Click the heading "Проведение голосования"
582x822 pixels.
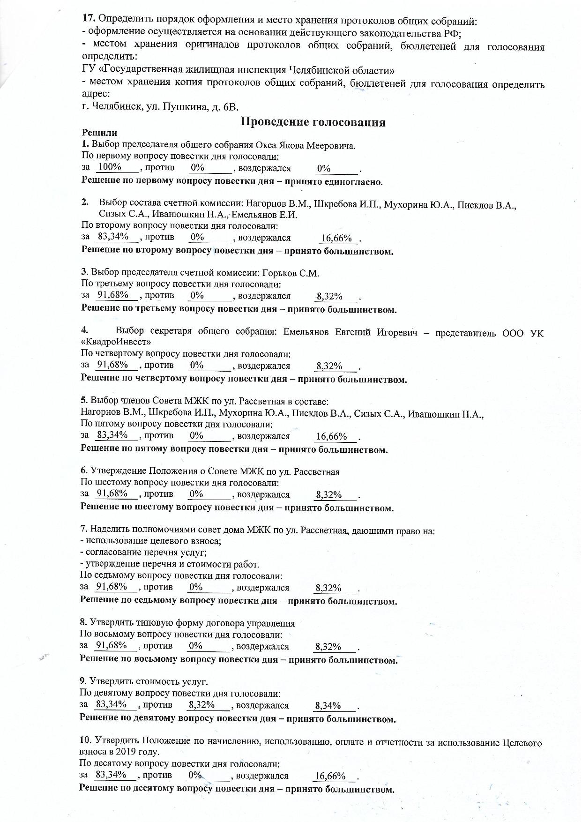(313, 122)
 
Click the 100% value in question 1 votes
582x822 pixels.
(110, 167)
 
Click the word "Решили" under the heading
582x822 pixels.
(99, 133)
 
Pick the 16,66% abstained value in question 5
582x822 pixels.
(331, 437)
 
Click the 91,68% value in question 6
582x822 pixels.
(112, 493)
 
